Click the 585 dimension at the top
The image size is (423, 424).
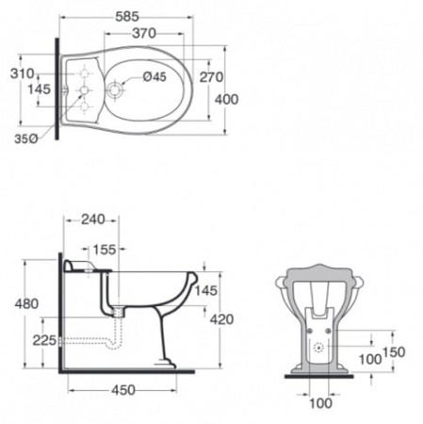tap(127, 17)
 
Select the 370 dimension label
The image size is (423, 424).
tap(144, 33)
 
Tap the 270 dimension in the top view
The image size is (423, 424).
tap(212, 77)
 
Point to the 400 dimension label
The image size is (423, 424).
tap(227, 100)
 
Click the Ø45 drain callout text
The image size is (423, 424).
tap(155, 76)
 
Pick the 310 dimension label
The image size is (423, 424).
tap(23, 74)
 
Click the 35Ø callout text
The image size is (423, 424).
tap(26, 139)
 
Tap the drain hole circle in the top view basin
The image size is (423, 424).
tap(114, 90)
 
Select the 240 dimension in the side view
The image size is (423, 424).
tap(93, 220)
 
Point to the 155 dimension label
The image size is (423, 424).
tap(105, 250)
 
